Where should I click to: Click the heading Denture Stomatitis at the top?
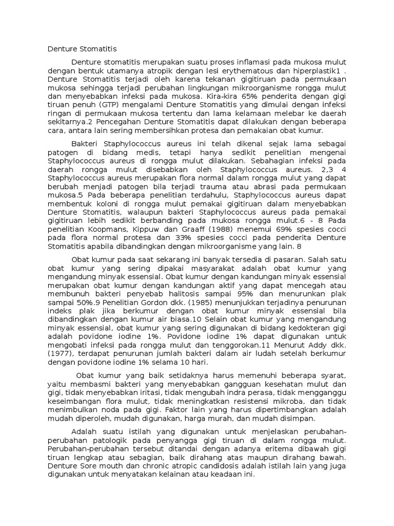click(82, 49)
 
